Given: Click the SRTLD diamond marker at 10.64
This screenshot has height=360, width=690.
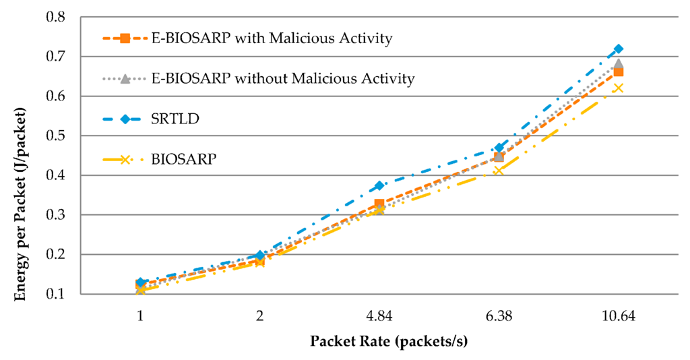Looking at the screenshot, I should [619, 49].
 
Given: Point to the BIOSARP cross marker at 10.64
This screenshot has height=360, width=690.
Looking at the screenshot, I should [619, 88].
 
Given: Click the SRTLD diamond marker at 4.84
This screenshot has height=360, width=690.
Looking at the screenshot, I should [379, 185].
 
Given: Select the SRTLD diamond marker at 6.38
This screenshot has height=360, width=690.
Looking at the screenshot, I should [499, 148].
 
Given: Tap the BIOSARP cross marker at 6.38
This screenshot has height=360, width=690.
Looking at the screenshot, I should [499, 171].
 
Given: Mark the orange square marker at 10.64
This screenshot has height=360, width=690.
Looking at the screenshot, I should [619, 72].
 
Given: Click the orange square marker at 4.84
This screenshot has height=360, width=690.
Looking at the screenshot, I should [379, 204].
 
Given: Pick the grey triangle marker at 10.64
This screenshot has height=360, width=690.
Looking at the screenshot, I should [619, 64].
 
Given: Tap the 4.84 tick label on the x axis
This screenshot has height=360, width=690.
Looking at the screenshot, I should [379, 315].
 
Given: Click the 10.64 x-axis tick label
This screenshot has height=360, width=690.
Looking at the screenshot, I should [619, 315].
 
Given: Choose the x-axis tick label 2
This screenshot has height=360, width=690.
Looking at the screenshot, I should [260, 315].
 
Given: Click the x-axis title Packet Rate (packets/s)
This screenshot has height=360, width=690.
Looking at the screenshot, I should [389, 341].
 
